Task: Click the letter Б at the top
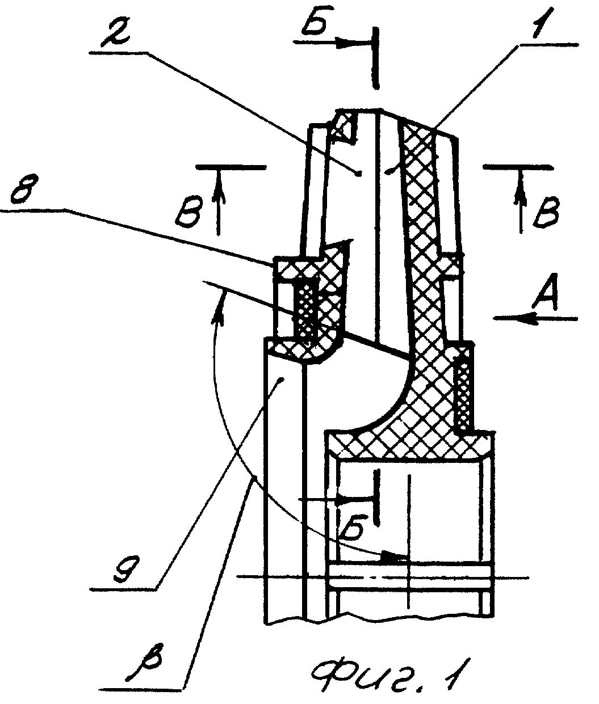(316, 24)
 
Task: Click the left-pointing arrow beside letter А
(535, 319)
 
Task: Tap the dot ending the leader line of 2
(358, 174)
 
